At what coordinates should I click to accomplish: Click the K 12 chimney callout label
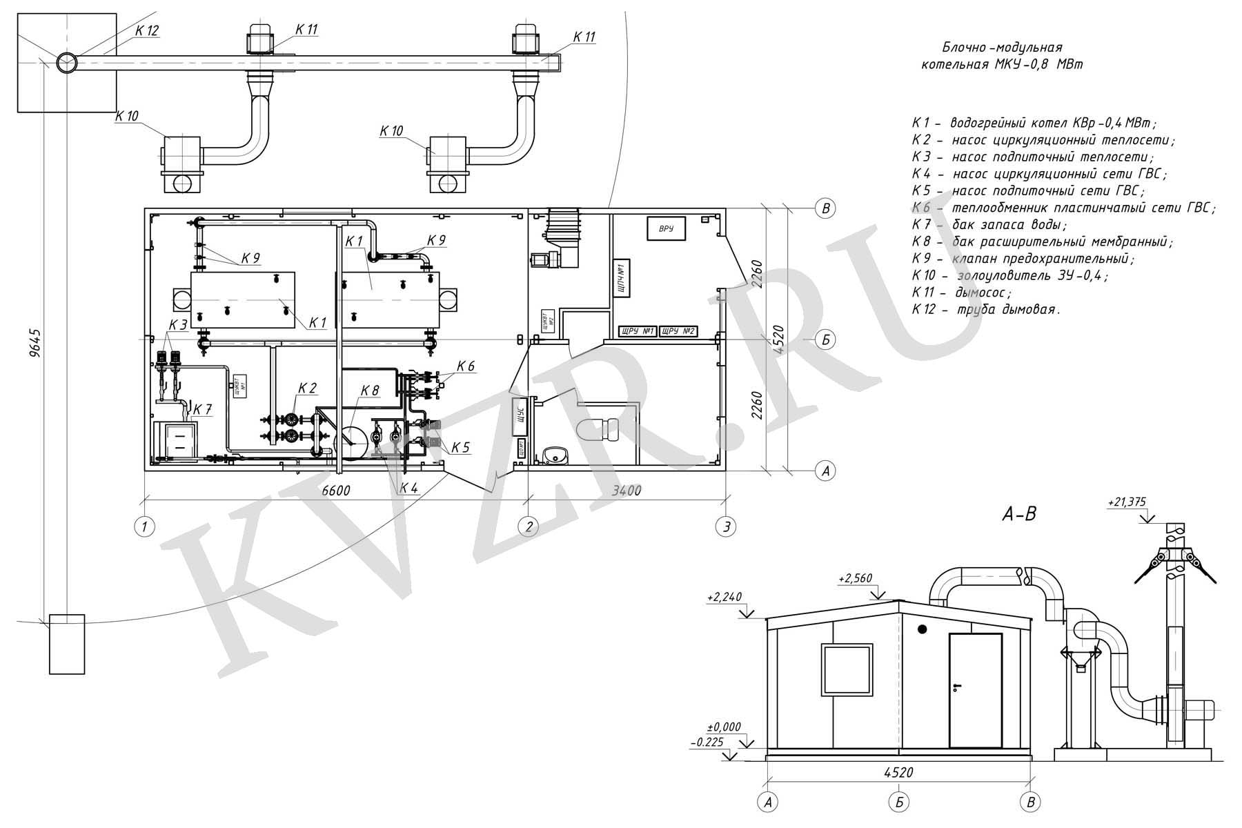click(x=147, y=31)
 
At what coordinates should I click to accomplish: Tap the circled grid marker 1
click(x=144, y=527)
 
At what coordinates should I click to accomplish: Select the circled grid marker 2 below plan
click(x=529, y=527)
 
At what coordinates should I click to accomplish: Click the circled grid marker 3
click(x=725, y=527)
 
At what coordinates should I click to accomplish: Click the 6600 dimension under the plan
click(x=336, y=491)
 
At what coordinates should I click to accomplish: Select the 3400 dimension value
click(x=627, y=491)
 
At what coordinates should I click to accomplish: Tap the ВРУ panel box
click(x=666, y=228)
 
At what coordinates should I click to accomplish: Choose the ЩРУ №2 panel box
click(x=678, y=331)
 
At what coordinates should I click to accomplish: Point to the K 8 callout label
click(x=370, y=391)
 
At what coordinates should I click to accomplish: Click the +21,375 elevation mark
click(x=1125, y=503)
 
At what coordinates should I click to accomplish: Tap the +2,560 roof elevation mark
click(x=856, y=578)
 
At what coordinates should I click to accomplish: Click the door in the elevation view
click(x=976, y=691)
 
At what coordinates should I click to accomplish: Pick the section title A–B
click(x=1019, y=513)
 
